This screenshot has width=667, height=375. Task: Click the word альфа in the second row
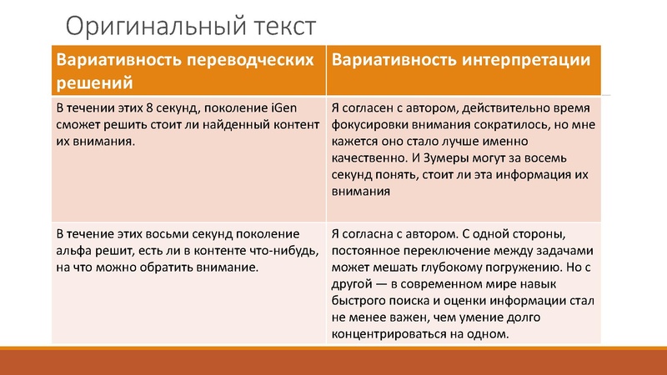(73, 250)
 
